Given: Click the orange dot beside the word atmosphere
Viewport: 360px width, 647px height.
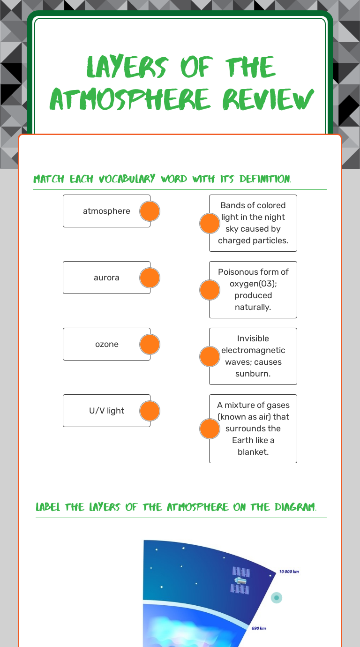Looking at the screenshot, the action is coord(150,211).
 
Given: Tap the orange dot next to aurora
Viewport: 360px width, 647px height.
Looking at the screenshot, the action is coord(150,278).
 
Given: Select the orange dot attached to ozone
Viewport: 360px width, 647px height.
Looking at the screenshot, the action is coord(150,344).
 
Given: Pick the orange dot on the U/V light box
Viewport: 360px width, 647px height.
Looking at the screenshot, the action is coord(150,411).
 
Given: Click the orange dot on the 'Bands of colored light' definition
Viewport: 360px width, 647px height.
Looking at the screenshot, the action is coord(210,223).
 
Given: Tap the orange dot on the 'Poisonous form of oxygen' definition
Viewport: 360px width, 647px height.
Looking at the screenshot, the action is coord(210,290).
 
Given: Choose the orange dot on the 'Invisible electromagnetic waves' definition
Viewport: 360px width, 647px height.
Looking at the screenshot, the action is coord(210,356).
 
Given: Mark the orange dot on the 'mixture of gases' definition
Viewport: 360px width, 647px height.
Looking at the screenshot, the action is coord(210,429).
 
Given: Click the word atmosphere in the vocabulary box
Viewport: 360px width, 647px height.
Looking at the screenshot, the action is coord(106,211).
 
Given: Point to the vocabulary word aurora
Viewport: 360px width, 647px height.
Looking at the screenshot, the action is coord(106,278).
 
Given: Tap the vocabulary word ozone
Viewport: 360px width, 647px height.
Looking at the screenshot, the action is coord(107,344).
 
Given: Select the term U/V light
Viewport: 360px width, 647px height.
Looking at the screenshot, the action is coord(106,411).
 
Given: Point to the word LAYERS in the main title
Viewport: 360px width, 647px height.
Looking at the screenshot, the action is coord(127,67).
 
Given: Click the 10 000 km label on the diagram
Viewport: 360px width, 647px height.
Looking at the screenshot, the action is coord(289,572).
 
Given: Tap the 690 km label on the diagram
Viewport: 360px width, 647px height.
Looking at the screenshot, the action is coord(259,628).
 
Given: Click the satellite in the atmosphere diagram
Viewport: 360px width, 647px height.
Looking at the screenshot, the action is coord(240,580).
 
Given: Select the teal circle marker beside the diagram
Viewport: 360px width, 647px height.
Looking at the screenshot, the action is coord(276,598).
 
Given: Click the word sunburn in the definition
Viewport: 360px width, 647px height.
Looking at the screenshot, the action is coord(253,374).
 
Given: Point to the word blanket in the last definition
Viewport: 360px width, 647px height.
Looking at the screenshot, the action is coord(253,452).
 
